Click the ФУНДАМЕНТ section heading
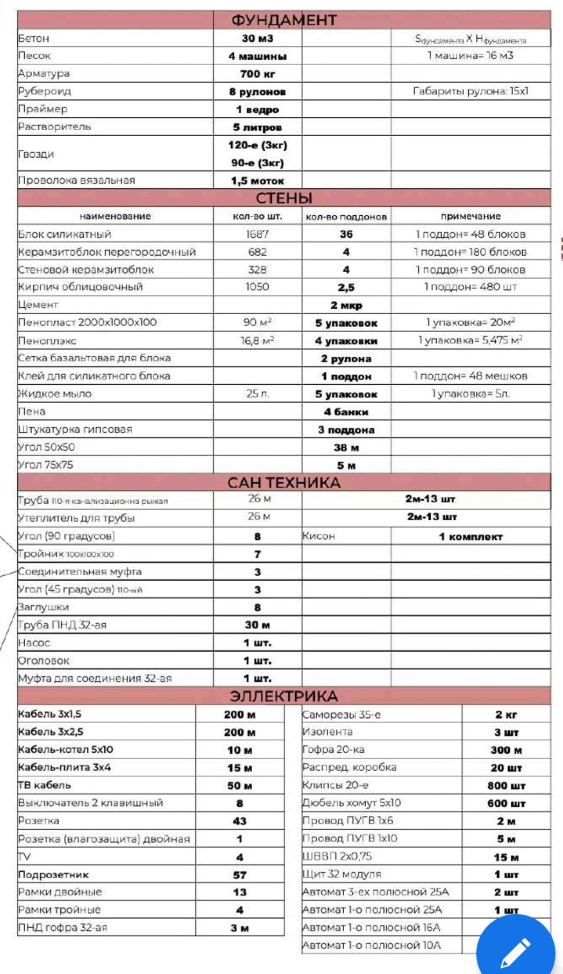284,20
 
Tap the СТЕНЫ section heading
284,198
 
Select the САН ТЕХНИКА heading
284,483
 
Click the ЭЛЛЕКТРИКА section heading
284,696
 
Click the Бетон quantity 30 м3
258,38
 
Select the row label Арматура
44,73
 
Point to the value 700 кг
258,74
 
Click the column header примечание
471,216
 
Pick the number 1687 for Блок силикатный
258,234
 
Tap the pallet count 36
346,234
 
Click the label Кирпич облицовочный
81,287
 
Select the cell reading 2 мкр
346,305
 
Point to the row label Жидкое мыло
55,394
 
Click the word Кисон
319,536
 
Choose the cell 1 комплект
471,537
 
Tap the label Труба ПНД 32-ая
62,625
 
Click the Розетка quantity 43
240,821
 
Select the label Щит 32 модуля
342,874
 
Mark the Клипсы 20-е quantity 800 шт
506,786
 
